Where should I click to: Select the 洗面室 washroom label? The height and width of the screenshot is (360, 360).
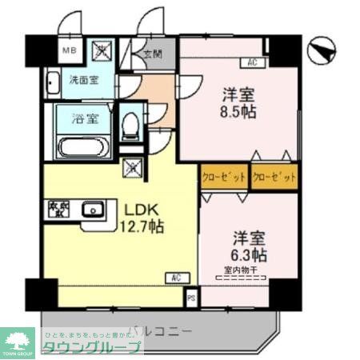[x=83, y=80]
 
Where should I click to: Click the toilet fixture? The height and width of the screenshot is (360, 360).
[x=132, y=124]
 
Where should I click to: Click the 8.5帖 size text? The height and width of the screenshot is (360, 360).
[x=238, y=111]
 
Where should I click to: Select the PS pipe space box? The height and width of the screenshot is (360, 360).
[x=190, y=300]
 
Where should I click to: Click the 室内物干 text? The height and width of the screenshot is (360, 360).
[x=241, y=270]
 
